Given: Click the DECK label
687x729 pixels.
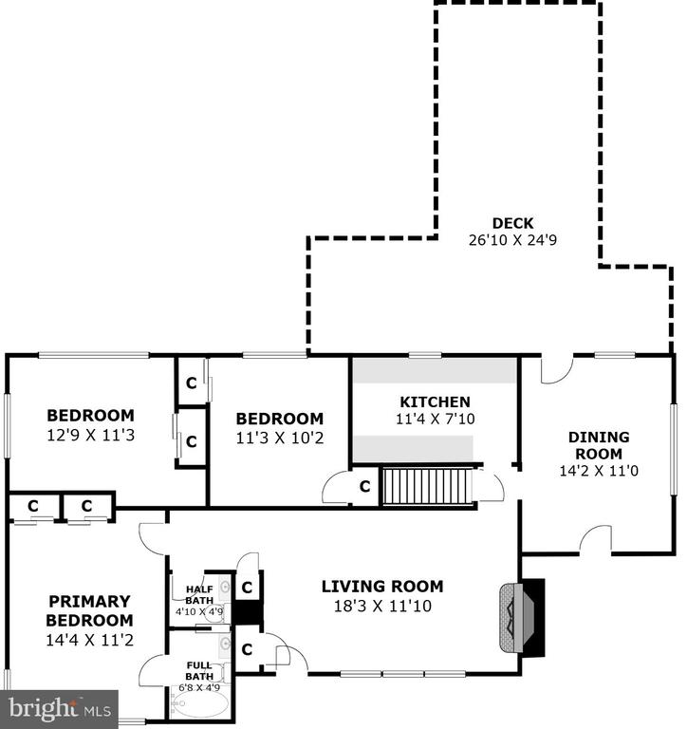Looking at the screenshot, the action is [x=512, y=223].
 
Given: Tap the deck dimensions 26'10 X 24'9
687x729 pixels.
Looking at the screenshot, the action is [x=512, y=240].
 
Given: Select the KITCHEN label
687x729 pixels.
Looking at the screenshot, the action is [x=436, y=402].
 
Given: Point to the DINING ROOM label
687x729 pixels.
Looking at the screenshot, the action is [x=599, y=445].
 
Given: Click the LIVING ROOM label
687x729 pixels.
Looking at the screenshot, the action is [x=382, y=587].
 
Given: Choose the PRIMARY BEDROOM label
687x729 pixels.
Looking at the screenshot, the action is [x=90, y=610].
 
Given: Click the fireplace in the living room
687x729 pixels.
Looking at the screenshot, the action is [x=522, y=618].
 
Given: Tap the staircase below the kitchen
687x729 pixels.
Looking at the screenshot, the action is [x=427, y=486].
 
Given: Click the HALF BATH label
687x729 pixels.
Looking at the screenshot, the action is [x=199, y=595].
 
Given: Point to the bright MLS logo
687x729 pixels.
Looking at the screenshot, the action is [x=59, y=709].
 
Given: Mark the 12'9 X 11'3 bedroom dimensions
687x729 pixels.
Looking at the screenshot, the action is [x=91, y=435].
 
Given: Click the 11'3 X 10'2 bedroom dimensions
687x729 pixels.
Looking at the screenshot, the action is [x=280, y=438].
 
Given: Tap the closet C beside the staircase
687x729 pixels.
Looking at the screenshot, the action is [x=365, y=486].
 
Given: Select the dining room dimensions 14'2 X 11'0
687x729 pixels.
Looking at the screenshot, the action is [x=599, y=471].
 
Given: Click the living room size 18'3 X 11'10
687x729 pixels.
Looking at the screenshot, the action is [x=382, y=606].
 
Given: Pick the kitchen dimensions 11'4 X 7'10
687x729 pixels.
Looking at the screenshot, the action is [x=436, y=419].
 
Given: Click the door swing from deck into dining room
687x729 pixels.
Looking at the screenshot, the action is [x=557, y=369].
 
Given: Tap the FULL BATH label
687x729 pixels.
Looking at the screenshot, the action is [x=199, y=671].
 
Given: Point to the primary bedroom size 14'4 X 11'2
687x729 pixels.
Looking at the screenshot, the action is [x=90, y=640].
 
